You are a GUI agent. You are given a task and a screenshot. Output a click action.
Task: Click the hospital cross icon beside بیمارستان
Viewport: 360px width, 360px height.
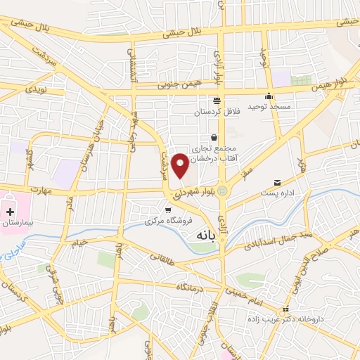coord(10,211)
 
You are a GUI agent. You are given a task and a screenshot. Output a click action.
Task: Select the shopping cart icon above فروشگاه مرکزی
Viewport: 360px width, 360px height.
coord(167,210)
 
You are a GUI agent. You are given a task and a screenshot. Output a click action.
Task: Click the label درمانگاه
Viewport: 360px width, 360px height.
coord(189,288)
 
